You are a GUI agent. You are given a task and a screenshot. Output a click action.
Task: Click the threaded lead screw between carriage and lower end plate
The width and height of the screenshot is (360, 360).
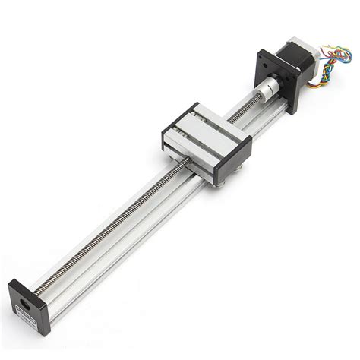pos(114,228)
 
